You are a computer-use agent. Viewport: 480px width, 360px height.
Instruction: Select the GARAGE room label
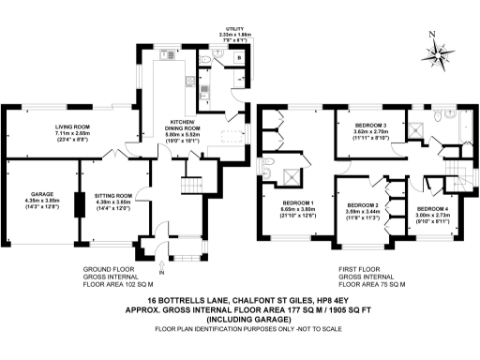click(40, 195)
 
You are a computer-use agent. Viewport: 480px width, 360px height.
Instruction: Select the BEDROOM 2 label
click(361, 204)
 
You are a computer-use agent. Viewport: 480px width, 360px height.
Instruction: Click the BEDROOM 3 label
click(370, 126)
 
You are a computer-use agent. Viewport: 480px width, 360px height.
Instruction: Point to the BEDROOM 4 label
click(432, 207)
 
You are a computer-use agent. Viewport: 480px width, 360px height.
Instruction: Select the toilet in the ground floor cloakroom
click(204, 62)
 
